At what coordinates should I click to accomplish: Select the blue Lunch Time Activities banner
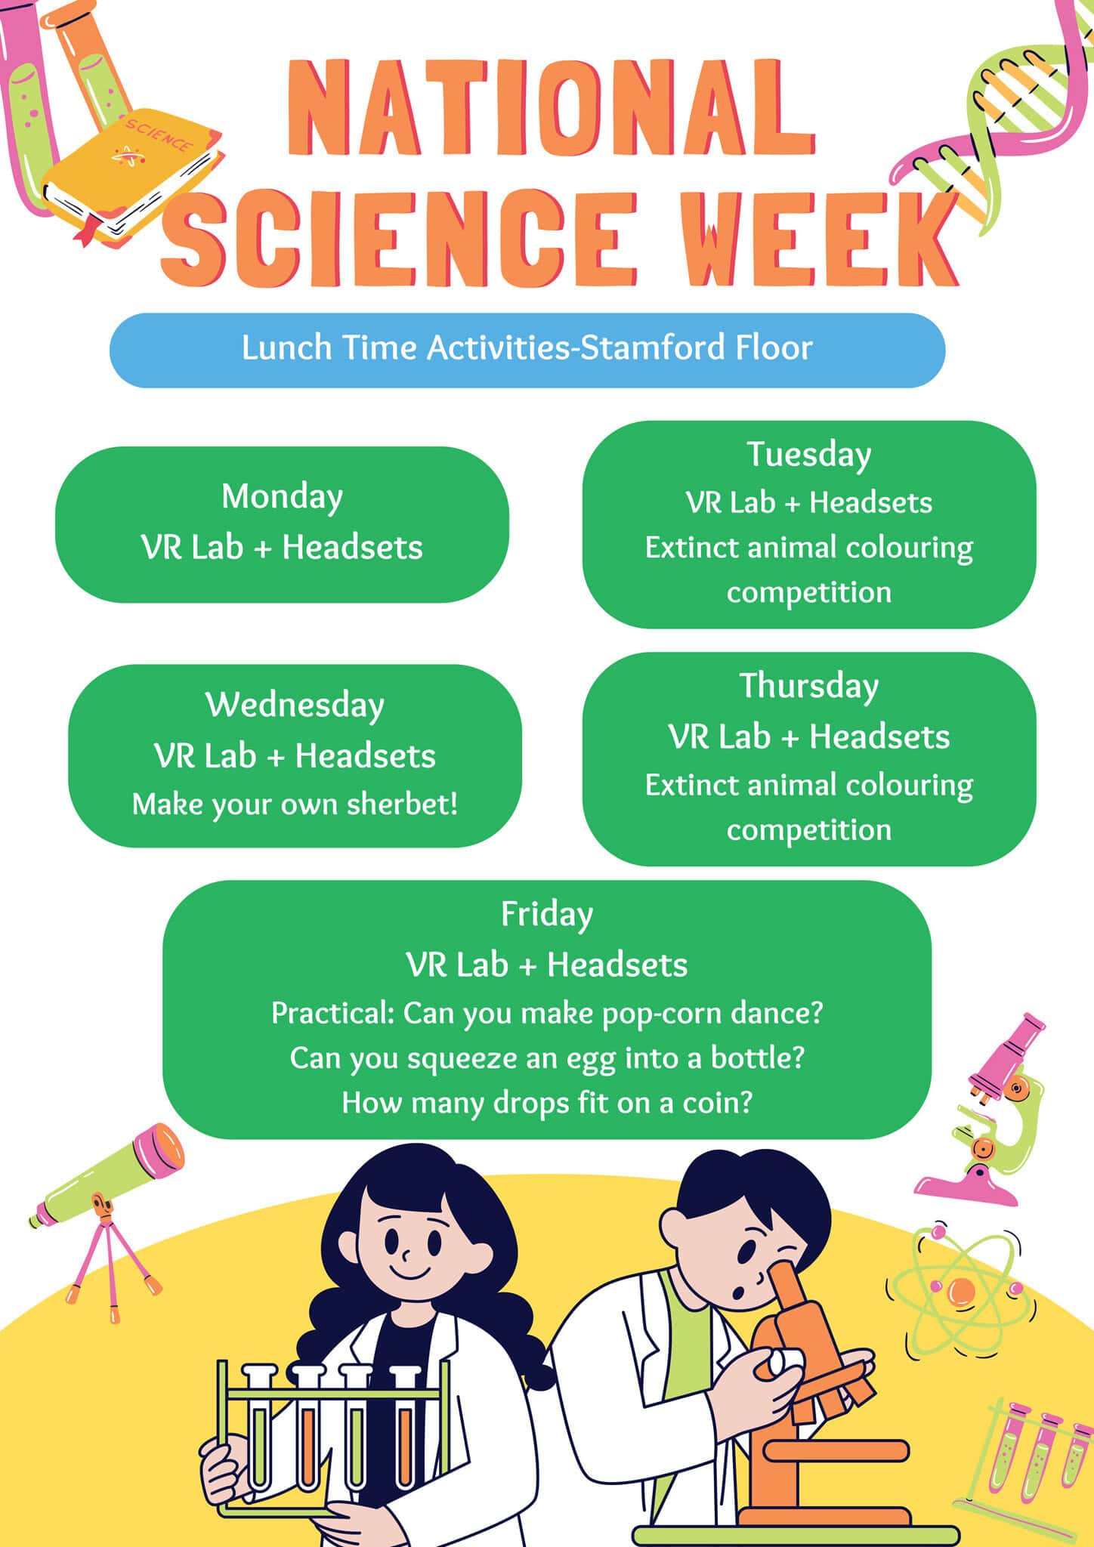coord(527,350)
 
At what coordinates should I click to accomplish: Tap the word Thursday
coord(809,687)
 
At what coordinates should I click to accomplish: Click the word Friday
coord(547,915)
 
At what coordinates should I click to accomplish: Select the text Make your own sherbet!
coord(295,804)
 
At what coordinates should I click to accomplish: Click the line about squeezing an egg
coord(547,1058)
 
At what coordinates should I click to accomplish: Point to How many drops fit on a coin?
coord(547,1103)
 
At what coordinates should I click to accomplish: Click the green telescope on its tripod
coord(106,1216)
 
